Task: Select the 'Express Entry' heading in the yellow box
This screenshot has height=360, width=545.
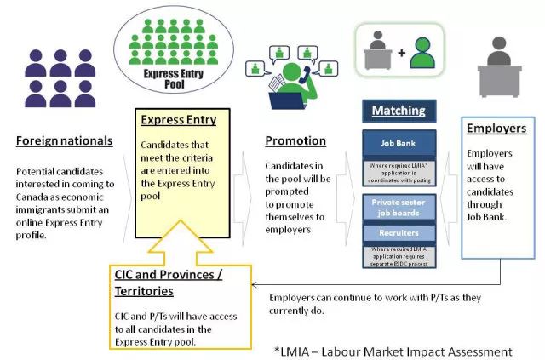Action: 178,120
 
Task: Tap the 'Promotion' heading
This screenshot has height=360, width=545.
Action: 295,140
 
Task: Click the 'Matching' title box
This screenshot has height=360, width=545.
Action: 399,111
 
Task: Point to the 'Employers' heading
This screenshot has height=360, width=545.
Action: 496,129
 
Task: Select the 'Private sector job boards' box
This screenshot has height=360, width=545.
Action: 399,209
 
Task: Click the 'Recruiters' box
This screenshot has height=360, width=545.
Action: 399,232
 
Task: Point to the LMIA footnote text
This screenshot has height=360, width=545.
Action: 393,351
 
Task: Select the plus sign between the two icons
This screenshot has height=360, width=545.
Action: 401,53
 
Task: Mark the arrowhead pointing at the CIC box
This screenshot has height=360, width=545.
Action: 258,287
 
